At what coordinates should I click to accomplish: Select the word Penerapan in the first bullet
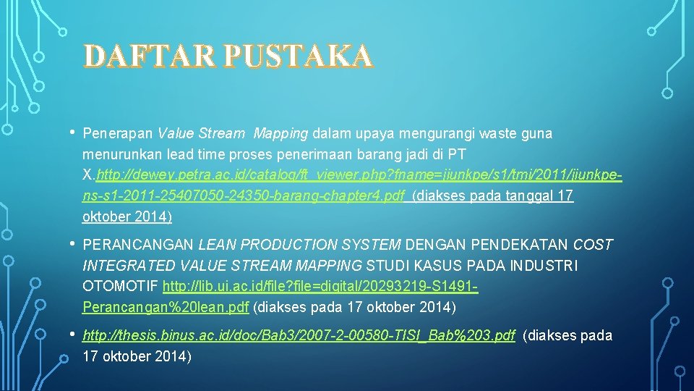[118, 134]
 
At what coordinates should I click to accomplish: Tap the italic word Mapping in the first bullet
[281, 134]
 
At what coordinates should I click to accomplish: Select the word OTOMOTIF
[121, 287]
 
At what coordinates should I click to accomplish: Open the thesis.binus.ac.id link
[299, 335]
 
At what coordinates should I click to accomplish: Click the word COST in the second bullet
[593, 245]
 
